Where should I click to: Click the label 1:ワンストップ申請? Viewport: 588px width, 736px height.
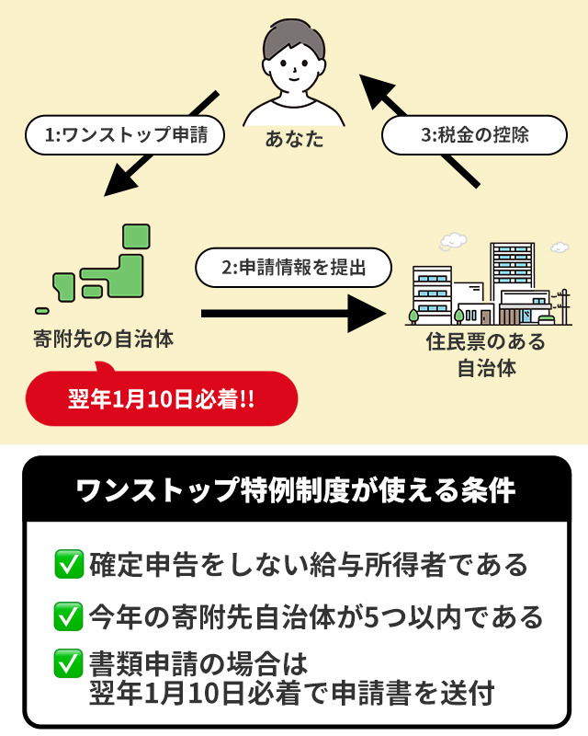coord(124,134)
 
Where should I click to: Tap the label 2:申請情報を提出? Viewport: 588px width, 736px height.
coord(294,268)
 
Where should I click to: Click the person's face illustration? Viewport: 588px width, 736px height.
coord(294,60)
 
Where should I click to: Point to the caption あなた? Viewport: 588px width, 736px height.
coord(294,140)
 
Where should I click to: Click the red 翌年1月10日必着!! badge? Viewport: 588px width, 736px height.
coord(162,400)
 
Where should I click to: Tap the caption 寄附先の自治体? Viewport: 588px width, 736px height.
coord(103,339)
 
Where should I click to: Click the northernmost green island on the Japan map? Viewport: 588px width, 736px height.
coord(136,236)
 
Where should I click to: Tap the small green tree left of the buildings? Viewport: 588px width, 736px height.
coord(413,314)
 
